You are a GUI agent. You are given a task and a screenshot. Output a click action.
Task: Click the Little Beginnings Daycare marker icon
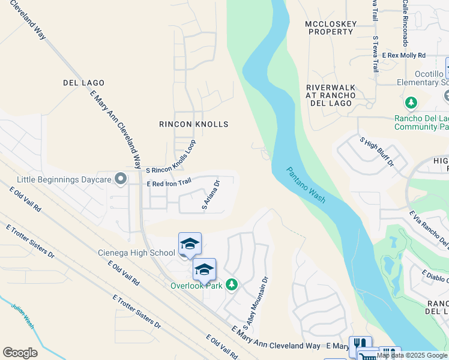coord(121,179)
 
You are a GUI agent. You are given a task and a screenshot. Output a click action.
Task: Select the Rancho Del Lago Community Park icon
coord(411,104)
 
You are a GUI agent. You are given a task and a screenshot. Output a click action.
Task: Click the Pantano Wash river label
coord(306,185)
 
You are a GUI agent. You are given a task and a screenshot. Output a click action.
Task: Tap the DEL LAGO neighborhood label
coord(83,83)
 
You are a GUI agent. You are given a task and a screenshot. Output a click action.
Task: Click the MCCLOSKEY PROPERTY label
coord(331,28)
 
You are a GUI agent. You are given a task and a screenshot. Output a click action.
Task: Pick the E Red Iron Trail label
coord(169,182)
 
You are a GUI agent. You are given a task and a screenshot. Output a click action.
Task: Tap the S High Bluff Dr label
coord(376,152)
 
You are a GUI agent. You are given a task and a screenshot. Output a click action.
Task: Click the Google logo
coord(20,353)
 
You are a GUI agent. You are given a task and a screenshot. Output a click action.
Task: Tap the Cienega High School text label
coord(136,253)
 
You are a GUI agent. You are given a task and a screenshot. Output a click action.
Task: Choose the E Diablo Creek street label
coord(435,277)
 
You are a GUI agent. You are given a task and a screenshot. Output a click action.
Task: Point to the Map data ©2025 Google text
coord(412,355)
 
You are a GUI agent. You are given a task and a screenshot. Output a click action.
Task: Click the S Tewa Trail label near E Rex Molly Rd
coord(375,54)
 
